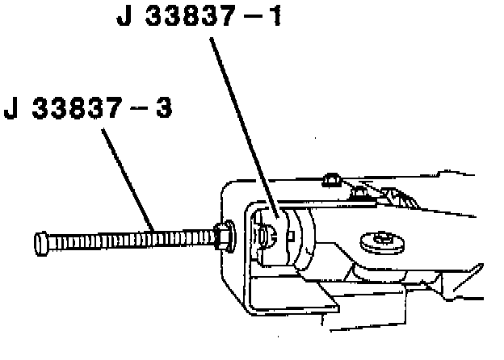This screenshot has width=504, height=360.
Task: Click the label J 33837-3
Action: pyautogui.click(x=88, y=108)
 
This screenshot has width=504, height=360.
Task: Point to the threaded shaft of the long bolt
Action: pyautogui.click(x=129, y=239)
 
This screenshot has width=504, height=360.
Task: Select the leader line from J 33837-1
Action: pyautogui.click(x=243, y=121)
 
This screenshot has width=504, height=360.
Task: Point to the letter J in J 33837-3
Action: pyautogui.click(x=11, y=108)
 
